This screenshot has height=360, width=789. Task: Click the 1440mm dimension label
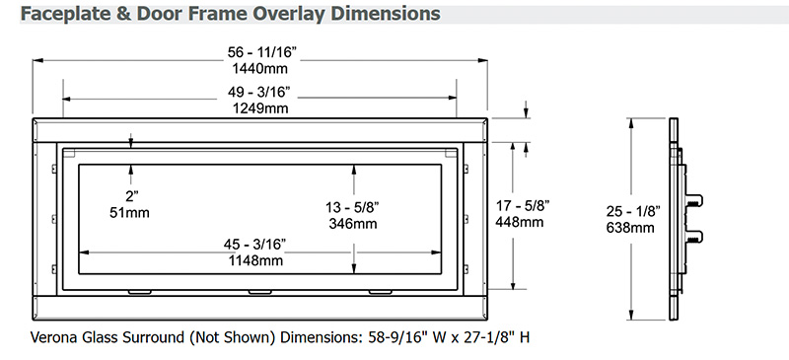[259, 67]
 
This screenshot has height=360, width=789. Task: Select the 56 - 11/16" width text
[259, 51]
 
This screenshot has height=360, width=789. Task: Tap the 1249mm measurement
[260, 108]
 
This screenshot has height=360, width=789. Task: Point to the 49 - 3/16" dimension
[260, 92]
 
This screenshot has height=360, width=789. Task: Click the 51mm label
[130, 212]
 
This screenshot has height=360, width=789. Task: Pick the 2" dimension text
[130, 196]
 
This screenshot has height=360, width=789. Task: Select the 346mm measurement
[354, 223]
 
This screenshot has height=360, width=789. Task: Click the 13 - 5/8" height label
[353, 206]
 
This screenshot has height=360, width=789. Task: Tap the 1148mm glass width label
[255, 259]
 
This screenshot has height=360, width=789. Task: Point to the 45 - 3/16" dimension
[255, 245]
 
